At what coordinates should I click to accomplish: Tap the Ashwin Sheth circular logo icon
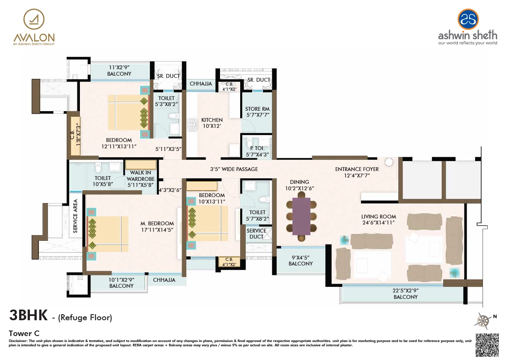pyautogui.click(x=468, y=19)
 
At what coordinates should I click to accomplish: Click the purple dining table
pyautogui.click(x=302, y=216)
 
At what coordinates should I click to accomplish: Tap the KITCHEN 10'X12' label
pyautogui.click(x=212, y=123)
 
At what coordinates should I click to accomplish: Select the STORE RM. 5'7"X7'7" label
pyautogui.click(x=258, y=112)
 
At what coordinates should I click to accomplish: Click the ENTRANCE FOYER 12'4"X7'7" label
pyautogui.click(x=357, y=172)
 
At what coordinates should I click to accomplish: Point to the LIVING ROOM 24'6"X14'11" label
pyautogui.click(x=379, y=220)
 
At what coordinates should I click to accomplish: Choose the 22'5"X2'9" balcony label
pyautogui.click(x=406, y=294)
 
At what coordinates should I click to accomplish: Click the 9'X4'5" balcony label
pyautogui.click(x=300, y=261)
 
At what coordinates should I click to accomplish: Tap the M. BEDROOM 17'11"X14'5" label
pyautogui.click(x=158, y=226)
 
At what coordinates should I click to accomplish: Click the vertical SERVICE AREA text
pyautogui.click(x=75, y=216)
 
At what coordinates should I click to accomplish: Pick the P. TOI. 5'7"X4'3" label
pyautogui.click(x=258, y=151)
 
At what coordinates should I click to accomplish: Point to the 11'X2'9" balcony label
pyautogui.click(x=119, y=71)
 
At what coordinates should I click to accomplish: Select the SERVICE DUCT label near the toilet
pyautogui.click(x=257, y=233)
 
